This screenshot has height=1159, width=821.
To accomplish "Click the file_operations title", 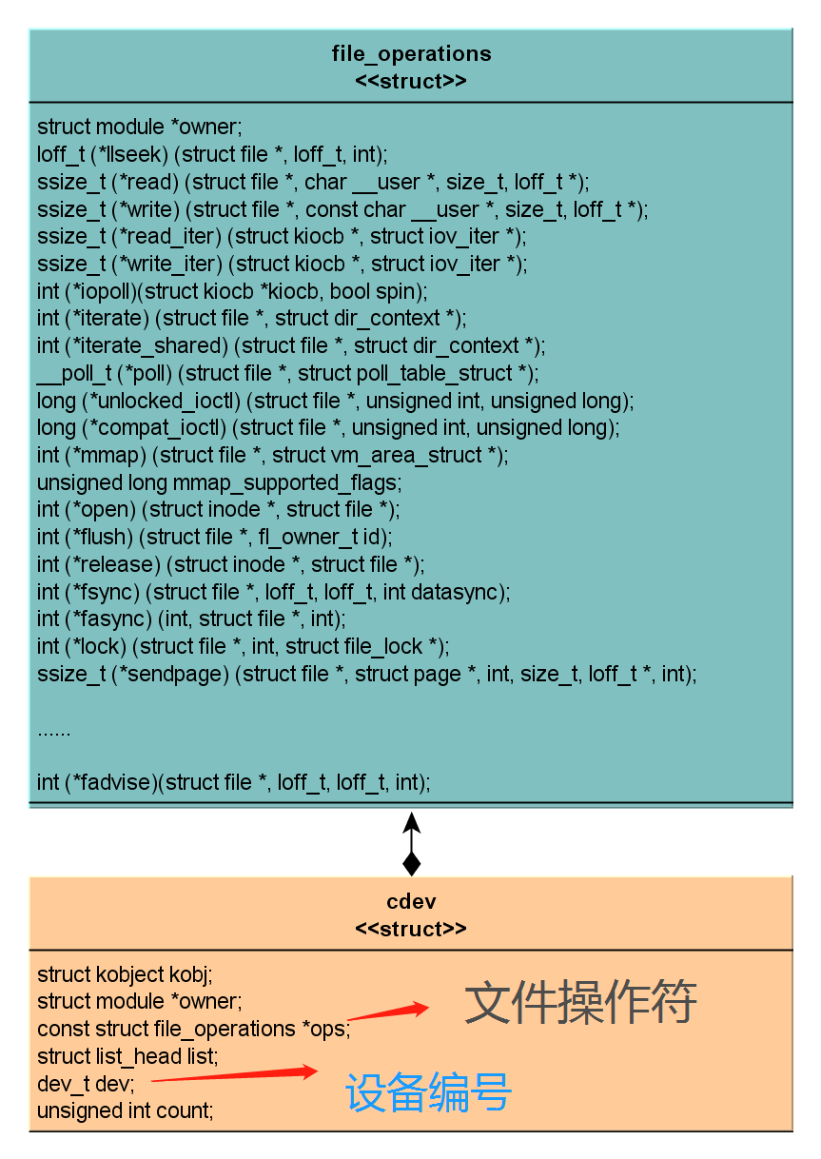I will click(411, 53).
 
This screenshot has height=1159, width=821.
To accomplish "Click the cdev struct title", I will click(411, 901).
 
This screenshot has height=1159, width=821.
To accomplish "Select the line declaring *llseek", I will click(212, 154).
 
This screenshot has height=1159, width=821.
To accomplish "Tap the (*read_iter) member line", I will click(282, 236).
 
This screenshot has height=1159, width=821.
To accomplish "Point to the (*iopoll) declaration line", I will click(232, 290).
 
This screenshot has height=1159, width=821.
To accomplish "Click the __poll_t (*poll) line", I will click(287, 373).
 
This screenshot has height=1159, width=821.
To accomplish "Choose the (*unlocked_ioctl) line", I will click(335, 401).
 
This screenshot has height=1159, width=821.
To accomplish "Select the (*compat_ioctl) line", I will click(328, 428).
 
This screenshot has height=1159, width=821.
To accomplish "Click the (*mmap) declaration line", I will click(273, 455).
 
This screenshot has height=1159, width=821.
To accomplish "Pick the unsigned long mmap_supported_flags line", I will click(219, 482).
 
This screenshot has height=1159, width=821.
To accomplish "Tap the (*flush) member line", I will click(214, 537).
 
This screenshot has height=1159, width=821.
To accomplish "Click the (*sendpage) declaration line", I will click(366, 674).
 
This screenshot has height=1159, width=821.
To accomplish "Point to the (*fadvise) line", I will click(233, 783).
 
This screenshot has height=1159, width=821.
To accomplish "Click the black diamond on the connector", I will click(411, 863).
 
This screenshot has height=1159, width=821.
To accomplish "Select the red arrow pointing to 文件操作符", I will click(389, 1012).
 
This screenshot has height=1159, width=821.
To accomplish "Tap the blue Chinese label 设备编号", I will click(428, 1092).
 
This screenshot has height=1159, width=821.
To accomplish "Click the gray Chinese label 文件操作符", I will click(580, 1002).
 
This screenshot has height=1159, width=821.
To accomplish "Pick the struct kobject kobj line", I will click(125, 974).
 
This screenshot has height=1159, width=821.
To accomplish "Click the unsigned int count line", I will click(125, 1110).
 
